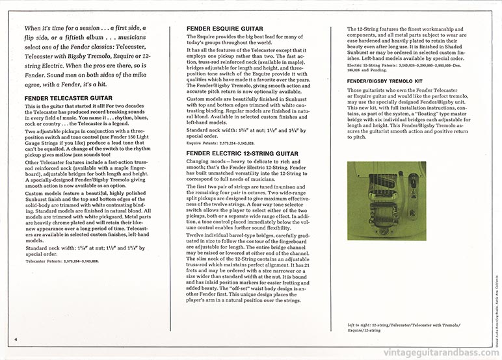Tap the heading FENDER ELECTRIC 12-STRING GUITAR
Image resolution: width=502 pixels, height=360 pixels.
pos(242,153)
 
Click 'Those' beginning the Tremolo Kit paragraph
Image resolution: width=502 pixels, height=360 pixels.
pos(356,90)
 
